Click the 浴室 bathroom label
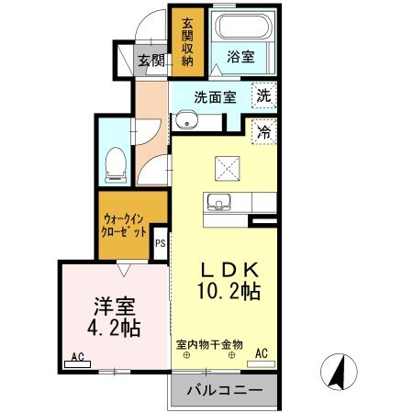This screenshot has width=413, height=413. click(x=243, y=56)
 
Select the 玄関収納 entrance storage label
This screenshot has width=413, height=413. click(x=187, y=42)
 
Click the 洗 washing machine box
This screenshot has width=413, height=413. click(x=263, y=95)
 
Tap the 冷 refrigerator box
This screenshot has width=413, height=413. click(x=263, y=130)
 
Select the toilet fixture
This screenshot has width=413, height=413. click(x=117, y=163)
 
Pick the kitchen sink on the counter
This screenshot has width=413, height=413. click(x=220, y=202)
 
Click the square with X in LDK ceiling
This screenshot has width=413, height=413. click(x=228, y=168)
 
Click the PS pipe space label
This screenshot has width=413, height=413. click(x=160, y=243)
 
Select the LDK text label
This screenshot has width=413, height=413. click(x=229, y=271)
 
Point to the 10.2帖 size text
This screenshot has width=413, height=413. click(x=231, y=294)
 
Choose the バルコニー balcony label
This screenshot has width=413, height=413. click(x=224, y=390)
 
